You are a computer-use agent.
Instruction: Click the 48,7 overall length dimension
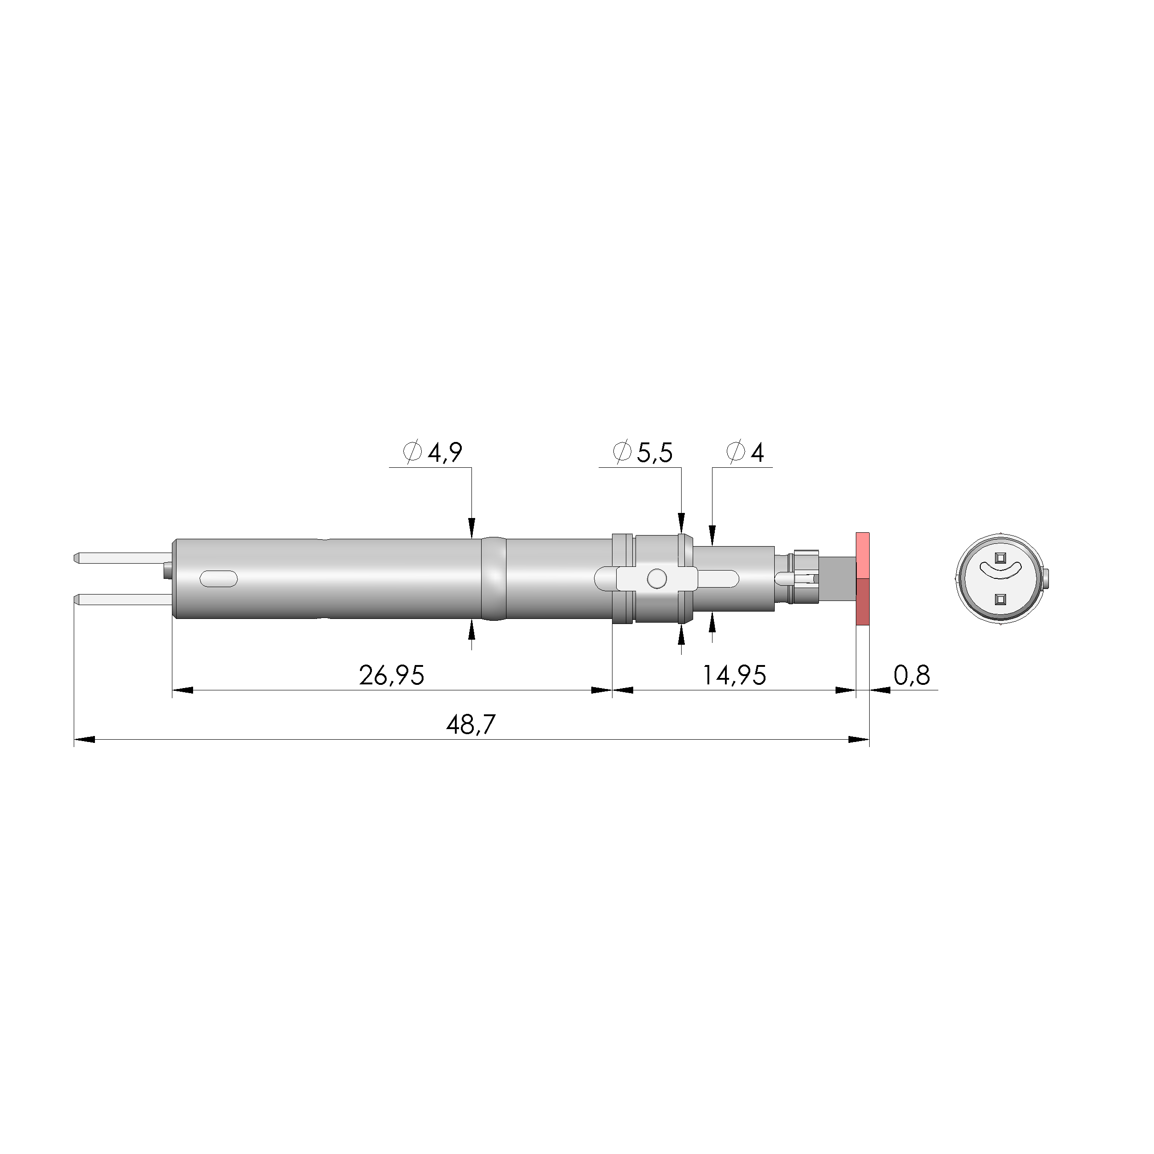(x=471, y=725)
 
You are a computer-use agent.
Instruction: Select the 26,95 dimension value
(x=391, y=676)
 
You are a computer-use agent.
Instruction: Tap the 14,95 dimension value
(x=734, y=676)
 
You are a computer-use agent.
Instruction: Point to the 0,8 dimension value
(x=912, y=676)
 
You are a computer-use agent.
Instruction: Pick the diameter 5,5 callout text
(x=643, y=453)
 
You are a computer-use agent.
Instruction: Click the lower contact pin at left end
(x=119, y=599)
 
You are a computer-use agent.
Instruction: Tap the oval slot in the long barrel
(x=218, y=579)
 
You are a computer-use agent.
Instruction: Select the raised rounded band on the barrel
(x=494, y=578)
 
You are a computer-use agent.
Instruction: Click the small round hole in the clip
(x=656, y=578)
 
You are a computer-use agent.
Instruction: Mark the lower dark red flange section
(x=863, y=601)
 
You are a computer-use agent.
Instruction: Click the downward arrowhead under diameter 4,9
(x=472, y=527)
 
